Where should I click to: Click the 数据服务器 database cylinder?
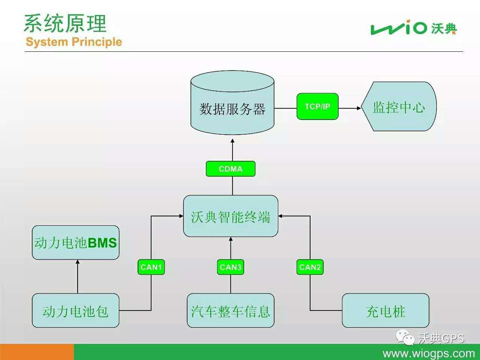[x=232, y=102]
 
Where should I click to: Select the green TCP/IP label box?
[x=318, y=106]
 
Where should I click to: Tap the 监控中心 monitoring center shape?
[x=399, y=106]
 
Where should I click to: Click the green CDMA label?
[x=231, y=169]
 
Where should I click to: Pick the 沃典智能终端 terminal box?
[x=231, y=216]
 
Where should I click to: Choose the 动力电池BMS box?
[x=76, y=243]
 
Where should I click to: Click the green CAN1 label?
[x=151, y=267]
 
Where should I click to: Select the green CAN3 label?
[x=231, y=267]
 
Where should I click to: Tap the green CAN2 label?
[x=310, y=267]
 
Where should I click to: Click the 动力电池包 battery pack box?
[x=76, y=310]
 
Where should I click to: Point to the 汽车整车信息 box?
[x=231, y=310]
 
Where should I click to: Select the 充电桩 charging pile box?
[x=385, y=310]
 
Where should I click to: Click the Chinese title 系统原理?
[x=65, y=23]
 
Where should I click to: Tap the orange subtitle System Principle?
[x=74, y=42]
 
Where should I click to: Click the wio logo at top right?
[x=414, y=27]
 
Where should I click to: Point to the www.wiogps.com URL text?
[x=429, y=353]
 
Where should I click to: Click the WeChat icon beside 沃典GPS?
[x=405, y=337]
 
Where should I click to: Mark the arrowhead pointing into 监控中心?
[x=359, y=108]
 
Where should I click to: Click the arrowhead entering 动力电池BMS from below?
[x=78, y=262]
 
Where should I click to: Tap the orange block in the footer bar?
[x=37, y=352]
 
